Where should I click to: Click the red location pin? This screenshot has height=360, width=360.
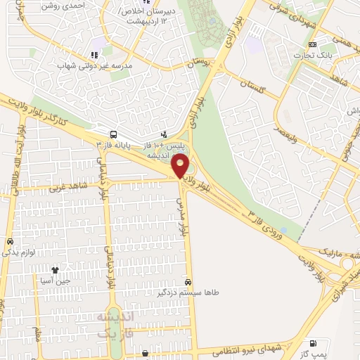(x=181, y=166)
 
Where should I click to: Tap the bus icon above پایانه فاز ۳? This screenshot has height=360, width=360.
(x=113, y=134)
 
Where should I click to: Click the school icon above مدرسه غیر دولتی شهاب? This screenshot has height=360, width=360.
(x=91, y=55)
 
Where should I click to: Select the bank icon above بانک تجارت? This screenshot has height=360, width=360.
(x=312, y=45)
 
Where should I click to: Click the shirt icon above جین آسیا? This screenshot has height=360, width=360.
(x=55, y=269)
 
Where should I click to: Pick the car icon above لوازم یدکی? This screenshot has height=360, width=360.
(x=10, y=241)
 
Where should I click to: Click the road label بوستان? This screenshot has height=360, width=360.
(x=199, y=63)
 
